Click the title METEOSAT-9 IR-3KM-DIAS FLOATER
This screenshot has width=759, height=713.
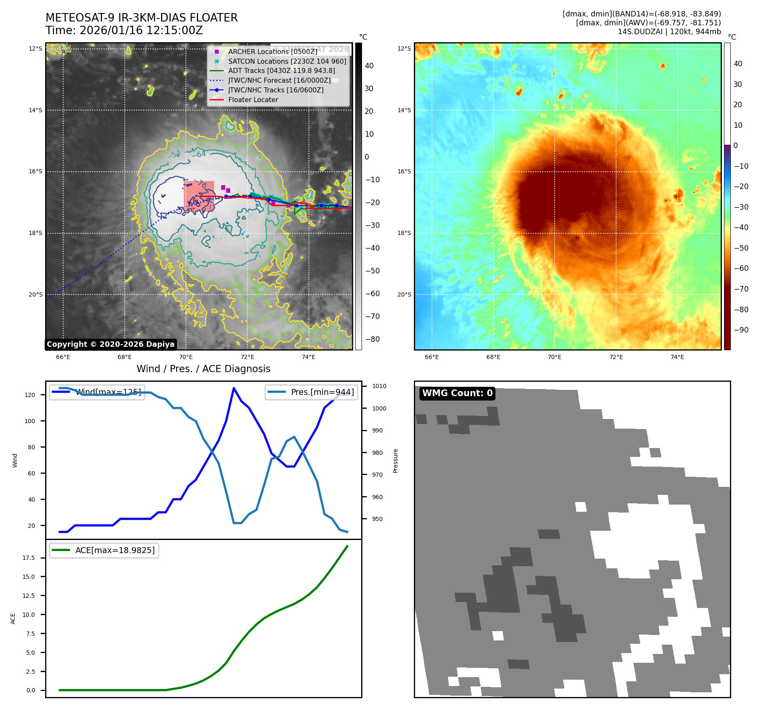click(142, 18)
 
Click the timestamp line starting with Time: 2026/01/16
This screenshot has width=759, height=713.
click(124, 31)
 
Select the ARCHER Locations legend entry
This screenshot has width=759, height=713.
click(272, 51)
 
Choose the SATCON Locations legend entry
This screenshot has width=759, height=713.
click(287, 61)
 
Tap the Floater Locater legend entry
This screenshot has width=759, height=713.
click(253, 100)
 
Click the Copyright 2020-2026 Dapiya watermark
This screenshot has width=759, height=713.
click(110, 344)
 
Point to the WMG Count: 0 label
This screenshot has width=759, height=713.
click(457, 393)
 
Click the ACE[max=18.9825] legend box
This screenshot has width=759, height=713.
click(104, 551)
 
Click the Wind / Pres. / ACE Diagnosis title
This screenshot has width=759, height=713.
click(203, 369)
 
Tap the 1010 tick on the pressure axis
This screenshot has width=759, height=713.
click(379, 386)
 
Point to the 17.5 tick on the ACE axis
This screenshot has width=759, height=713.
click(29, 558)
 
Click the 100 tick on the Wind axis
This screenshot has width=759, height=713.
click(30, 421)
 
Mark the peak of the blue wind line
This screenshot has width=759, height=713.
click(234, 388)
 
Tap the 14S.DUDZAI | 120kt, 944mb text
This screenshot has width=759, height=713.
click(669, 32)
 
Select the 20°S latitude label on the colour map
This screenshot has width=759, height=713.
click(404, 294)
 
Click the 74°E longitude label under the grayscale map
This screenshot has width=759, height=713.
click(308, 357)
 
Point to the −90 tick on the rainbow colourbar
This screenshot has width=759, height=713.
click(741, 330)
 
